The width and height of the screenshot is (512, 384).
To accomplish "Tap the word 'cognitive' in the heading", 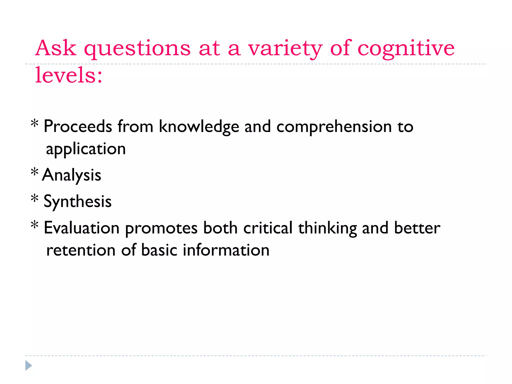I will pyautogui.click(x=406, y=48).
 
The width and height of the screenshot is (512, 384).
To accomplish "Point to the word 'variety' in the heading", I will pyautogui.click(x=285, y=48).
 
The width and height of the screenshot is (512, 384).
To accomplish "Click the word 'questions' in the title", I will pyautogui.click(x=137, y=49).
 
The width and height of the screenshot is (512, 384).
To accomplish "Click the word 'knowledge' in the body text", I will pyautogui.click(x=199, y=127).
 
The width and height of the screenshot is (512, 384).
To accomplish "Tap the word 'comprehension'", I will pyautogui.click(x=334, y=127).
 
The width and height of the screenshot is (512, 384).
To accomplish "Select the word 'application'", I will pyautogui.click(x=86, y=149).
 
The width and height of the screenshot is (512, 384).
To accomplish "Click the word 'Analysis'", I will pyautogui.click(x=72, y=175).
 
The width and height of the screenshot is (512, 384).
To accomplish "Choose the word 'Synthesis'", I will pyautogui.click(x=77, y=201).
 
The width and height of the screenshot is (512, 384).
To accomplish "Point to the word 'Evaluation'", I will pyautogui.click(x=81, y=228).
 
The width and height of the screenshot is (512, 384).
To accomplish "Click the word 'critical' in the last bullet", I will pyautogui.click(x=268, y=228).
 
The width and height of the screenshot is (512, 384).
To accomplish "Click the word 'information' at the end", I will pyautogui.click(x=226, y=250).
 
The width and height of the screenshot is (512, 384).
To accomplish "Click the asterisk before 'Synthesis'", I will pyautogui.click(x=34, y=199).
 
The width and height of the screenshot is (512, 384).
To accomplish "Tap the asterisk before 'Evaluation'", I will pyautogui.click(x=34, y=225).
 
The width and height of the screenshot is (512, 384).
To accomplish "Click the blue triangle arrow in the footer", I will pyautogui.click(x=28, y=365).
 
